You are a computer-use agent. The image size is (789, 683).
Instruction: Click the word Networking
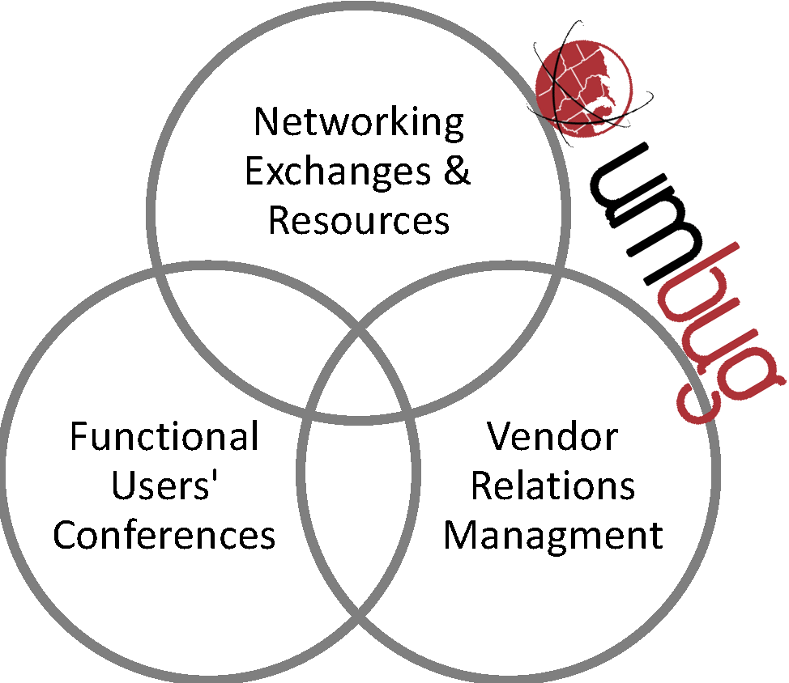[x=359, y=122]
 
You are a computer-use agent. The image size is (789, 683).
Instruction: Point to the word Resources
[x=359, y=220]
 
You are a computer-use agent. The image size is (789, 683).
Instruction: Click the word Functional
[x=164, y=437]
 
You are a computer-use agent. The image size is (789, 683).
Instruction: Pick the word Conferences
[x=164, y=535]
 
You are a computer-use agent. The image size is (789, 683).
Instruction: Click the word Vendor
[x=552, y=437]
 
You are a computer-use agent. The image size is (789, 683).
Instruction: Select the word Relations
[x=553, y=486]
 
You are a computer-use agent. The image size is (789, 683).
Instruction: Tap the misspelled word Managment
[x=553, y=535]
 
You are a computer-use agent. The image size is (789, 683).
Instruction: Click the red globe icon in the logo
[x=583, y=85]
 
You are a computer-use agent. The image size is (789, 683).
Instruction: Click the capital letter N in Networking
[x=265, y=122]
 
